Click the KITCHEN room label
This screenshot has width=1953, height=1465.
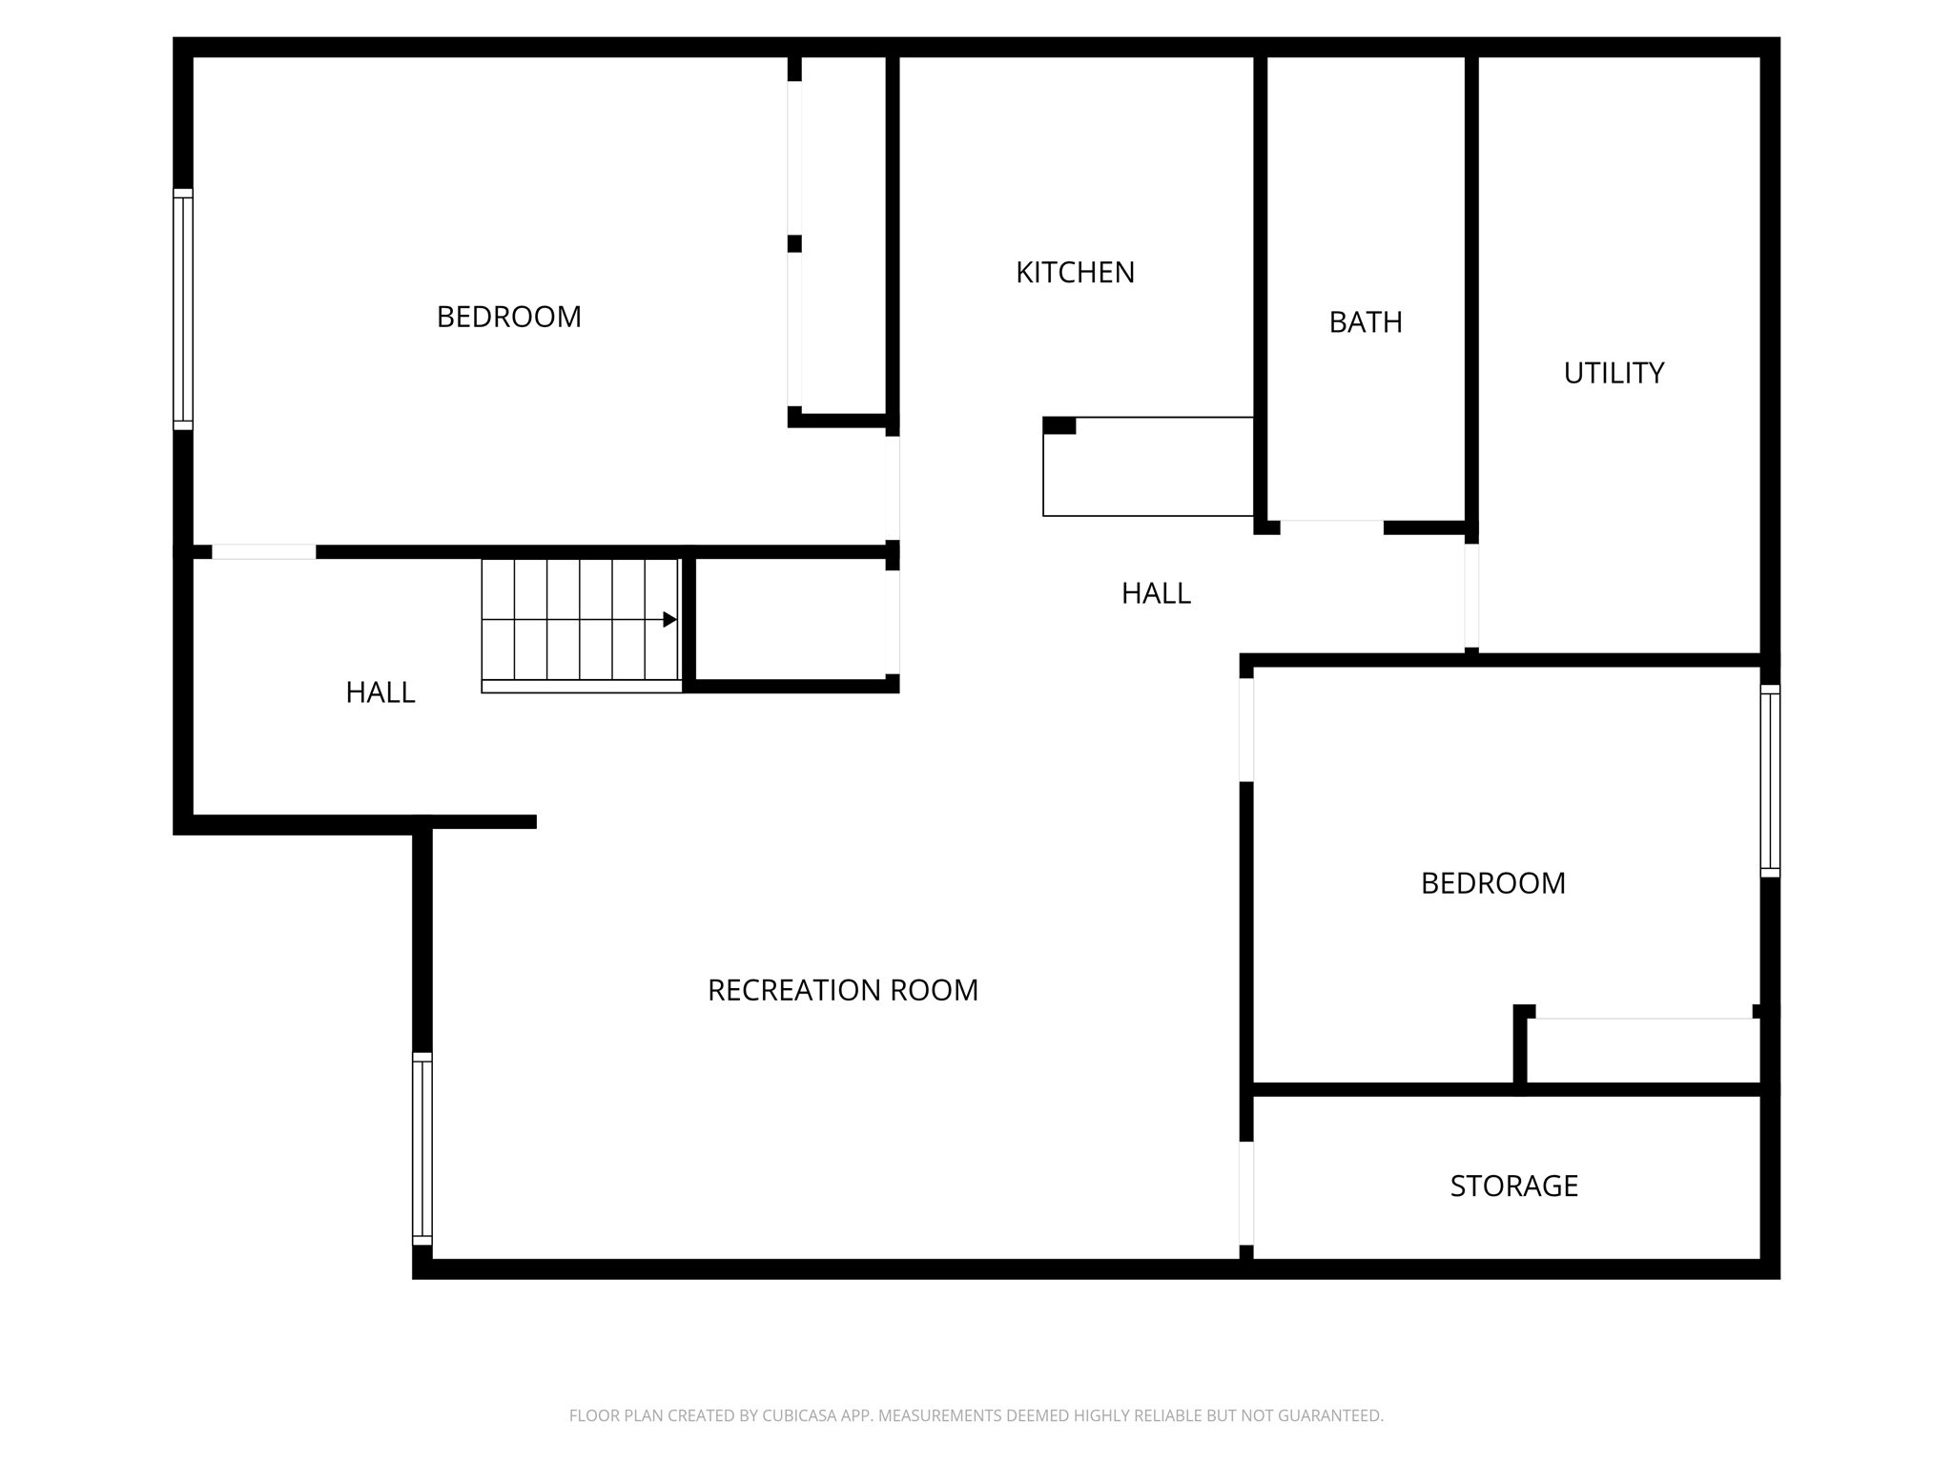pos(1075,273)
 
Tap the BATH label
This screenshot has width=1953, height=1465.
pos(1366,322)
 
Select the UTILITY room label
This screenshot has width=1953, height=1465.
pos(1614,373)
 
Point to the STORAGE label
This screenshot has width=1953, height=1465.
pos(1513,1186)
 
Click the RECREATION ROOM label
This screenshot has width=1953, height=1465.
pos(843,990)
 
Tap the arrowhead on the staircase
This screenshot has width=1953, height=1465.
pos(669,620)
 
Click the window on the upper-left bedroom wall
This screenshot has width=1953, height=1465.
pos(182,309)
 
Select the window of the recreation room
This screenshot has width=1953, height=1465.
pos(421,1148)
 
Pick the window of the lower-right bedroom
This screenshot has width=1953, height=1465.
pos(1769,780)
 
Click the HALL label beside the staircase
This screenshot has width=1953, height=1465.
pos(380,692)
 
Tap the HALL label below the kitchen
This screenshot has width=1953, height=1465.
pos(1156,593)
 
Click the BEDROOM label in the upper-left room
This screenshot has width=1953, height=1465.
pos(508,317)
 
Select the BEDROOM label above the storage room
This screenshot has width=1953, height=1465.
pos(1492,883)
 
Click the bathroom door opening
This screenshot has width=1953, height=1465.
pos(1331,527)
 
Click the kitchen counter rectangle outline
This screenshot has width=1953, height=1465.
pos(1147,467)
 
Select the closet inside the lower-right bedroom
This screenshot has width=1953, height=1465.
pos(1642,1051)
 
